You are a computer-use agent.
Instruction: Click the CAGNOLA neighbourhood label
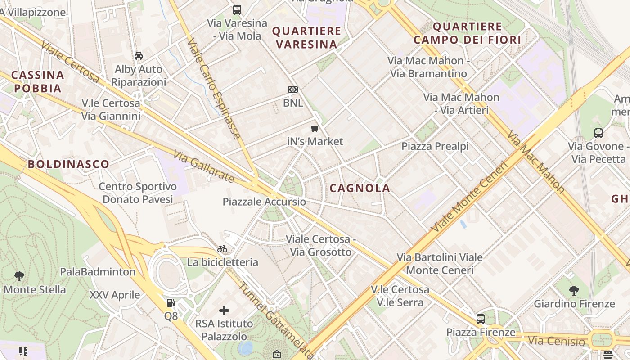point(360,189)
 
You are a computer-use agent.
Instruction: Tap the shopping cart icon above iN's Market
point(315,128)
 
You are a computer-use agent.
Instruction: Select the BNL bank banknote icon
point(293,90)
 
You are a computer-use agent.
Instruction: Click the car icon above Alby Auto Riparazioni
point(139,56)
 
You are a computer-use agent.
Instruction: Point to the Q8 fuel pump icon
point(171,303)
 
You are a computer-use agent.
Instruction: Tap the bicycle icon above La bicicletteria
point(222,249)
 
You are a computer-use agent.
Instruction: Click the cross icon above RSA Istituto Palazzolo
point(224,310)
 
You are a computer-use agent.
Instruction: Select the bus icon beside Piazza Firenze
point(481,319)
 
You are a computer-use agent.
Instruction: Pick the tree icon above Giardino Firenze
point(574,291)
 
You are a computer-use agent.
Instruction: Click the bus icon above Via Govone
point(598,133)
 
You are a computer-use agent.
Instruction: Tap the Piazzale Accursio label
point(264,202)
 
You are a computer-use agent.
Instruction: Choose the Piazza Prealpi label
point(435,146)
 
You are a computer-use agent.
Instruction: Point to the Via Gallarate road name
point(204,166)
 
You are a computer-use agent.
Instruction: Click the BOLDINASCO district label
point(69,164)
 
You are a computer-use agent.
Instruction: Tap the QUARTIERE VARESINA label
point(306,38)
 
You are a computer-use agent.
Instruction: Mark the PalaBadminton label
point(98,272)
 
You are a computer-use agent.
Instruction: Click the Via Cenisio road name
point(556,341)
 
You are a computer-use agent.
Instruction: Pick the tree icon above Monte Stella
point(19,276)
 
